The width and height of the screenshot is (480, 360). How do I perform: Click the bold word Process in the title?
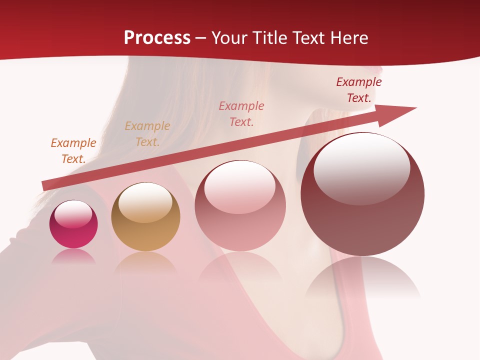pos(157,37)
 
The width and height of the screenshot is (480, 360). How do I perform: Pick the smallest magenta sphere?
pos(73,224)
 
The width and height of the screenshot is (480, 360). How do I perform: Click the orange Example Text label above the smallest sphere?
pos(73,151)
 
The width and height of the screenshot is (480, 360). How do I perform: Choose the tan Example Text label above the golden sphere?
pos(147,134)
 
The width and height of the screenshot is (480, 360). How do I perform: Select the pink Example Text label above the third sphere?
pos(241,113)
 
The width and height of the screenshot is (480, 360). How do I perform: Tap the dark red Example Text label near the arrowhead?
pos(359,90)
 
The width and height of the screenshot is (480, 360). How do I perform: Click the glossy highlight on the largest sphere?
pos(362,168)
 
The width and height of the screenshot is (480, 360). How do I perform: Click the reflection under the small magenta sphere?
pos(73,256)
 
